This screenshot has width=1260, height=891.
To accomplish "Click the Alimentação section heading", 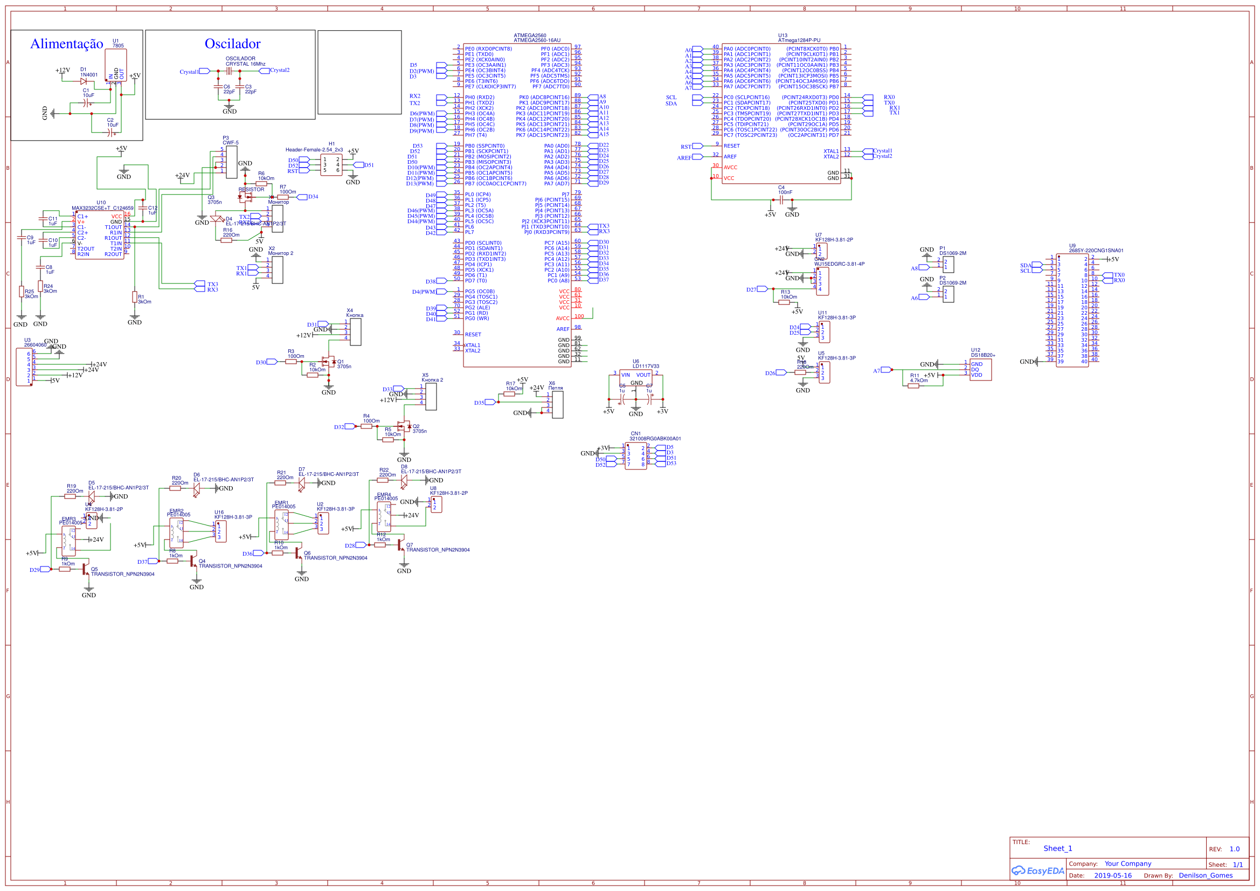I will point(66,44).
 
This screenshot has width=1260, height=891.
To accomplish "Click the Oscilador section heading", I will point(232,44).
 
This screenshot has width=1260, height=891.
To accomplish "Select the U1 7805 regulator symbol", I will point(116,65).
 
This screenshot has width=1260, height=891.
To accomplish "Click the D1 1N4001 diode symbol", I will point(84,81).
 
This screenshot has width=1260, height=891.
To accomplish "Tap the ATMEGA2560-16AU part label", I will point(537,40).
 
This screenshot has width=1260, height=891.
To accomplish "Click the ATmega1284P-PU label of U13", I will point(799,40).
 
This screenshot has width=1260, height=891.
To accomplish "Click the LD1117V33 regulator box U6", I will point(635,378).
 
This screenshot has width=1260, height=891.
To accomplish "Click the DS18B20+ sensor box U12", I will point(980,369).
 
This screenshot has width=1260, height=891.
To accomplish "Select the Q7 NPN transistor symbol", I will point(401,547).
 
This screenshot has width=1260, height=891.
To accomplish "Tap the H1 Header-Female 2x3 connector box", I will point(331,165).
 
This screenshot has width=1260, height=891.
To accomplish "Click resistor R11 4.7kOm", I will point(913,386).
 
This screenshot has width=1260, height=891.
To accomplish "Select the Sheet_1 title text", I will point(1057,848).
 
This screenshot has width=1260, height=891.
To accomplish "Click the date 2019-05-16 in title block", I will point(1112,875).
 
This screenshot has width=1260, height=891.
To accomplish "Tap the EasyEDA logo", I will point(1037,871).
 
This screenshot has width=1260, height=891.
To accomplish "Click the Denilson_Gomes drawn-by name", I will point(1206,875).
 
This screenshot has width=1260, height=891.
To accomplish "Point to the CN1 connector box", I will point(635,455).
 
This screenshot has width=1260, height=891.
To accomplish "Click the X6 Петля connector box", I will point(558,405).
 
